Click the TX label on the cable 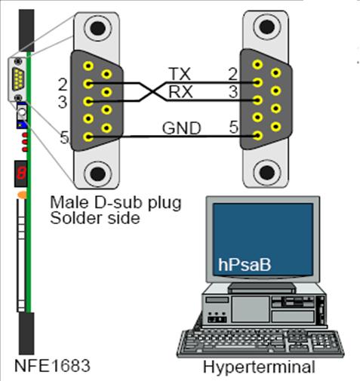tap(179, 74)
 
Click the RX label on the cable tap(180, 93)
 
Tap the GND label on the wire tap(182, 128)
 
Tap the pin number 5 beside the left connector tap(64, 137)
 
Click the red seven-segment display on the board tap(21, 173)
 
